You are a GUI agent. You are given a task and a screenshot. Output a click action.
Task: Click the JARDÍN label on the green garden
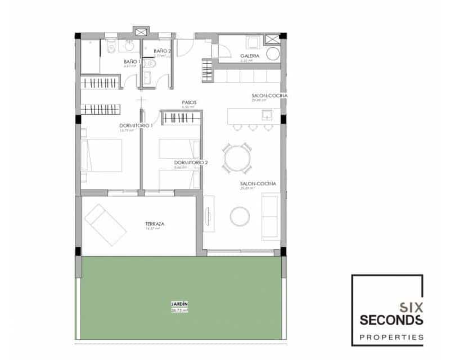(x=179, y=304)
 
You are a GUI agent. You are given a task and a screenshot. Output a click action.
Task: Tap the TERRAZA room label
(x=154, y=224)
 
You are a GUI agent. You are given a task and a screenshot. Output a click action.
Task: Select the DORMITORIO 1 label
(x=136, y=125)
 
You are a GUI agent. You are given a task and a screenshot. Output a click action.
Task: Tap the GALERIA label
(x=250, y=56)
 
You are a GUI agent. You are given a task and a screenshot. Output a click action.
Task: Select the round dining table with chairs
(x=236, y=159)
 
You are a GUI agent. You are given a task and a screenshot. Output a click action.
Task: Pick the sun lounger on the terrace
(x=106, y=224)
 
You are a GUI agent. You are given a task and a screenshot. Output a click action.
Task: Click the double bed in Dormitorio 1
(x=102, y=155)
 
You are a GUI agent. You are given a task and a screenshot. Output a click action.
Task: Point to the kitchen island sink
(x=267, y=115)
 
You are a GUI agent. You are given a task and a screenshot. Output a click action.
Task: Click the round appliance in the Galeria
(x=273, y=54)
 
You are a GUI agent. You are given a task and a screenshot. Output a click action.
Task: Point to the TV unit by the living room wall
(x=209, y=213)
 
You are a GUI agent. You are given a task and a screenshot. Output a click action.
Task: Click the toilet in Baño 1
(x=111, y=48)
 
